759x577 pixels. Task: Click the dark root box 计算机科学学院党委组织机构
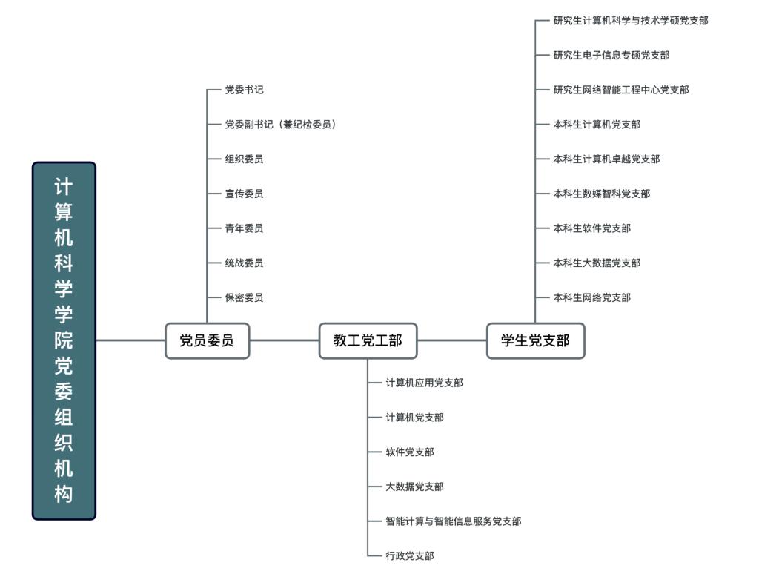[x=64, y=340]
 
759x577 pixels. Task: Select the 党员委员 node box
[x=207, y=340]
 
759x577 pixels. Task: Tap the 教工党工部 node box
[x=368, y=340]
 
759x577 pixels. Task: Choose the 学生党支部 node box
[x=535, y=340]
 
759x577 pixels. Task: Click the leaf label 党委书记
[x=244, y=90]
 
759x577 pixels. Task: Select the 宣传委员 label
[x=244, y=194]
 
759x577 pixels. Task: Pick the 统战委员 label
[x=244, y=263]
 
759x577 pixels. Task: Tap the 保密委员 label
[x=244, y=297]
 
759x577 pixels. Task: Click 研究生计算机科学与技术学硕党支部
[x=630, y=21]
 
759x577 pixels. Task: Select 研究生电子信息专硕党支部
[x=611, y=55]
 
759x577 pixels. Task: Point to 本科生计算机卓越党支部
[x=606, y=159]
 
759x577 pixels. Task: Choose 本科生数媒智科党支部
[x=601, y=194]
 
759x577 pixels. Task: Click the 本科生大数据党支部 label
[x=596, y=263]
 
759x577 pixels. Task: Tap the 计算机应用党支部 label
[x=424, y=383]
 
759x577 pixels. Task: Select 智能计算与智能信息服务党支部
[x=453, y=521]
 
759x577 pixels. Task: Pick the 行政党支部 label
[x=409, y=555]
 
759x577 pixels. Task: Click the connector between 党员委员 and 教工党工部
[x=284, y=340]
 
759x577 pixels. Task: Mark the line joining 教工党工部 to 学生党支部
[x=451, y=340]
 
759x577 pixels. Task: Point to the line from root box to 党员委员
[x=130, y=340]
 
